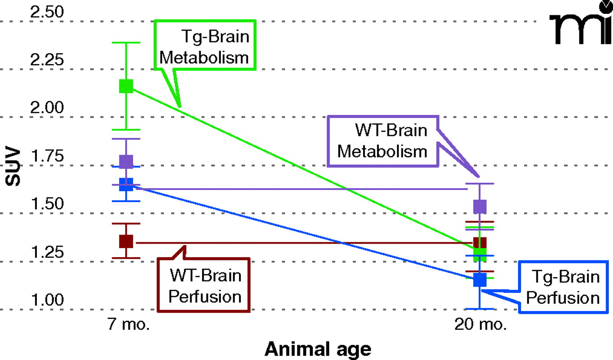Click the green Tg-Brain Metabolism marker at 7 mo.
pyautogui.click(x=126, y=86)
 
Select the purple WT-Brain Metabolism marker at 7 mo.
pyautogui.click(x=126, y=161)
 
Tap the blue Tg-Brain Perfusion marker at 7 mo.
pyautogui.click(x=126, y=184)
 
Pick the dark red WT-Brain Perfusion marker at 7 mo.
pyautogui.click(x=126, y=241)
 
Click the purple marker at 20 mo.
pyautogui.click(x=480, y=206)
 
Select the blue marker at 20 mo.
pyautogui.click(x=480, y=280)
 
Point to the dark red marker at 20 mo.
pyautogui.click(x=480, y=243)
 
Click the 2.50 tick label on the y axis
pyautogui.click(x=46, y=12)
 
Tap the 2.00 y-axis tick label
pyautogui.click(x=46, y=108)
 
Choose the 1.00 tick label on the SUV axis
pyautogui.click(x=46, y=300)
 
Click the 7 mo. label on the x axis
pyautogui.click(x=128, y=325)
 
